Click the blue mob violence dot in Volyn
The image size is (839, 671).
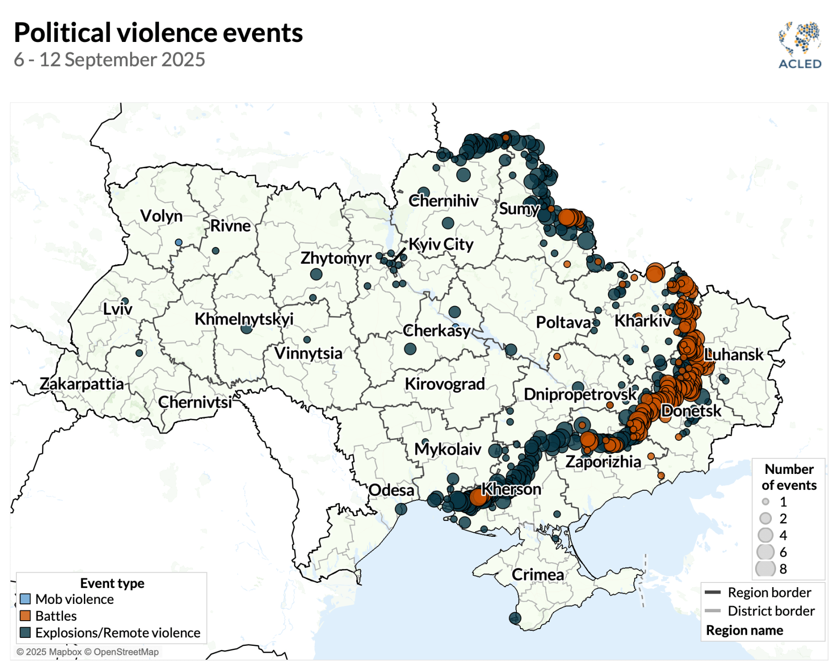(x=179, y=242)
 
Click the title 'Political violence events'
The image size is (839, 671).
(x=158, y=33)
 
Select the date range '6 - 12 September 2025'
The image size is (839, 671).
(x=110, y=60)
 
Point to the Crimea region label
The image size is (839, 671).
(x=537, y=575)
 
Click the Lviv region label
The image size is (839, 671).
(x=117, y=309)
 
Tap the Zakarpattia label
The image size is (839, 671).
(x=82, y=384)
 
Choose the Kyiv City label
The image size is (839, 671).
(x=440, y=244)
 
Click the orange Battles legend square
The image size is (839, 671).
(x=25, y=616)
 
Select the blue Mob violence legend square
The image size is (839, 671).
(x=25, y=599)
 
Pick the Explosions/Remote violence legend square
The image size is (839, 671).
(x=25, y=632)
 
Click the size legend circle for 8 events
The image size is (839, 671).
(x=765, y=568)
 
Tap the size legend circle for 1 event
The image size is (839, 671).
(x=765, y=502)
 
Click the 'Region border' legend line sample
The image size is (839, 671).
(x=713, y=593)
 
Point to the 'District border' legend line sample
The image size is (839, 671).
(x=713, y=611)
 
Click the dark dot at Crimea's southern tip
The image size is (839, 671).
(x=515, y=618)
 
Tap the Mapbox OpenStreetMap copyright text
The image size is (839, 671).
(x=88, y=652)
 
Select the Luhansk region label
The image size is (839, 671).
(x=734, y=355)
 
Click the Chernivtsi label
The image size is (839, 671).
(x=195, y=402)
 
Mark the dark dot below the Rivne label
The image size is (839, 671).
(x=215, y=251)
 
